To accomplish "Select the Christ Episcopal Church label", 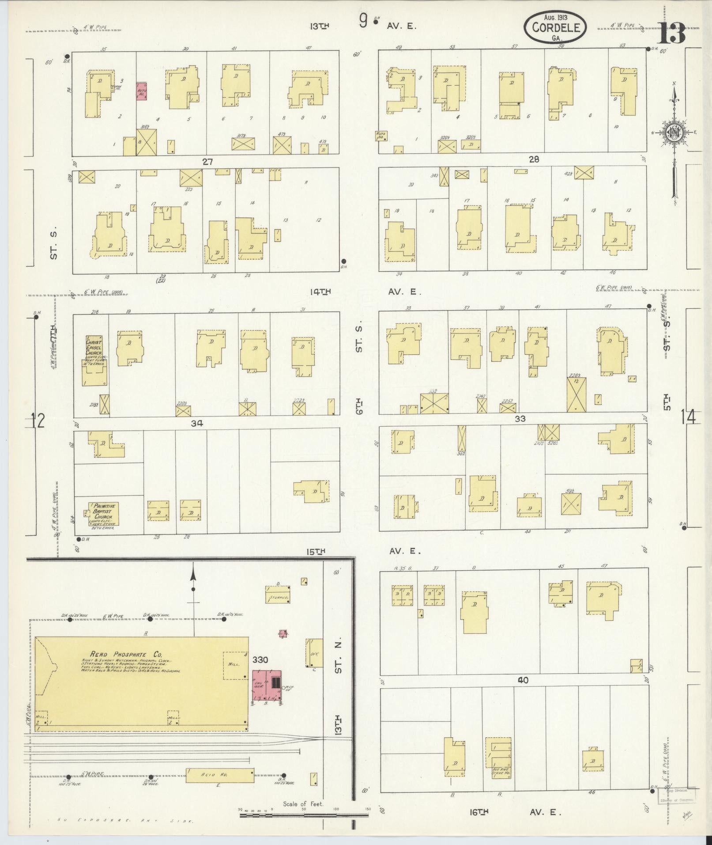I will (x=94, y=348).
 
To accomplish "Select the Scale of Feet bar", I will (x=304, y=814).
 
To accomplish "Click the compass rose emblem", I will (x=674, y=134).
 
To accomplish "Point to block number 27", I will (x=207, y=162).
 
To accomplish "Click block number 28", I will (x=534, y=159).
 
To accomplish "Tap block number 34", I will (x=196, y=423).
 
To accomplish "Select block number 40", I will (x=523, y=693).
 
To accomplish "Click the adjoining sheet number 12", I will (x=38, y=420).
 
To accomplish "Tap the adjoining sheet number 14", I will (x=688, y=417).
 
